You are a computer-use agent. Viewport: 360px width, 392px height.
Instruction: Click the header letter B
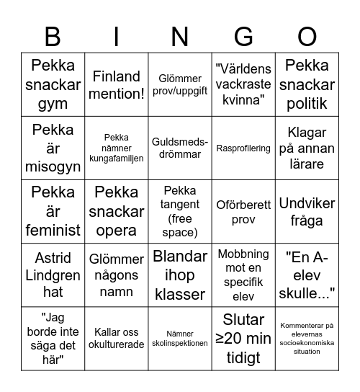point(53,36)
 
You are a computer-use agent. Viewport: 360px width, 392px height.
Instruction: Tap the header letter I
point(116,36)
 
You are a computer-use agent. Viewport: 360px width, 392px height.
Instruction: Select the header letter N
point(180,36)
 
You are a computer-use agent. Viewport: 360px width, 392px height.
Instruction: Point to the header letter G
point(243,36)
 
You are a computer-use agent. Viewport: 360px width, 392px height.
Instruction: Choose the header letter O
point(307,36)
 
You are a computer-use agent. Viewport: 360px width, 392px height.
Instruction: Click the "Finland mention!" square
point(116,85)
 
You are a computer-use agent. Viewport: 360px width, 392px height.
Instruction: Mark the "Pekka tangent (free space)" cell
point(180,212)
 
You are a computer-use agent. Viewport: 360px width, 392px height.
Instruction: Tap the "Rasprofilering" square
point(243,148)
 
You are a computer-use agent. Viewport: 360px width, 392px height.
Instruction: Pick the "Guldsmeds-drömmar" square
point(180,148)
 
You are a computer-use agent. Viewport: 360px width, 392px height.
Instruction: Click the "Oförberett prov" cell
point(243,212)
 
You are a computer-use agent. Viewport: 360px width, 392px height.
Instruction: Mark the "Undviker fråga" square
point(307,212)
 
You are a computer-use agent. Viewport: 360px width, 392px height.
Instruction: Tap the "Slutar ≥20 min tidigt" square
point(243,339)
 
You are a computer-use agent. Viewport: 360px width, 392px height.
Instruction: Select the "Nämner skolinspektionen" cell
point(180,339)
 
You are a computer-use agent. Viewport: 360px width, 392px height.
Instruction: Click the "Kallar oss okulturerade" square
point(116,339)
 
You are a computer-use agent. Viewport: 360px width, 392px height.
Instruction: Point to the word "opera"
point(116,231)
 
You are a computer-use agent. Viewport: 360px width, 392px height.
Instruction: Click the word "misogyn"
point(53,167)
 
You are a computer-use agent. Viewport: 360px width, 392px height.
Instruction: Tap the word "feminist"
point(53,231)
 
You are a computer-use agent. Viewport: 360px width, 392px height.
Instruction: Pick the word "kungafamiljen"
point(116,159)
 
